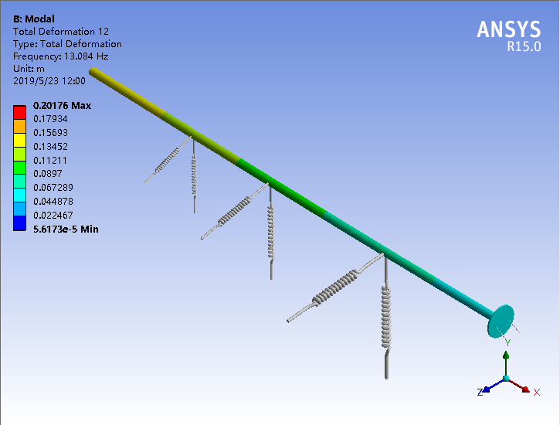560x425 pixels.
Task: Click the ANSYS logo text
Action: (x=508, y=29)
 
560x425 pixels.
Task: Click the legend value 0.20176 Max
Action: (x=62, y=106)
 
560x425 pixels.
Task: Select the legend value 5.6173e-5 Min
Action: (x=65, y=229)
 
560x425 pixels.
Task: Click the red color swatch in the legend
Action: (x=21, y=112)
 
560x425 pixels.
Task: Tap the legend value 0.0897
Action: (x=47, y=174)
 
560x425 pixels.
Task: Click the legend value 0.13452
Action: (x=50, y=147)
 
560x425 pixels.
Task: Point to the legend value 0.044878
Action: (x=53, y=202)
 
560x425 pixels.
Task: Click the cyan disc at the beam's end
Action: (x=500, y=320)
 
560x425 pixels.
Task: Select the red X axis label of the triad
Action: (x=536, y=393)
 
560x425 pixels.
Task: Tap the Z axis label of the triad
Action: (x=480, y=393)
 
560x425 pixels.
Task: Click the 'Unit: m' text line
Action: (x=29, y=69)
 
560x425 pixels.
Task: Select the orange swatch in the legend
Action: (x=21, y=126)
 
